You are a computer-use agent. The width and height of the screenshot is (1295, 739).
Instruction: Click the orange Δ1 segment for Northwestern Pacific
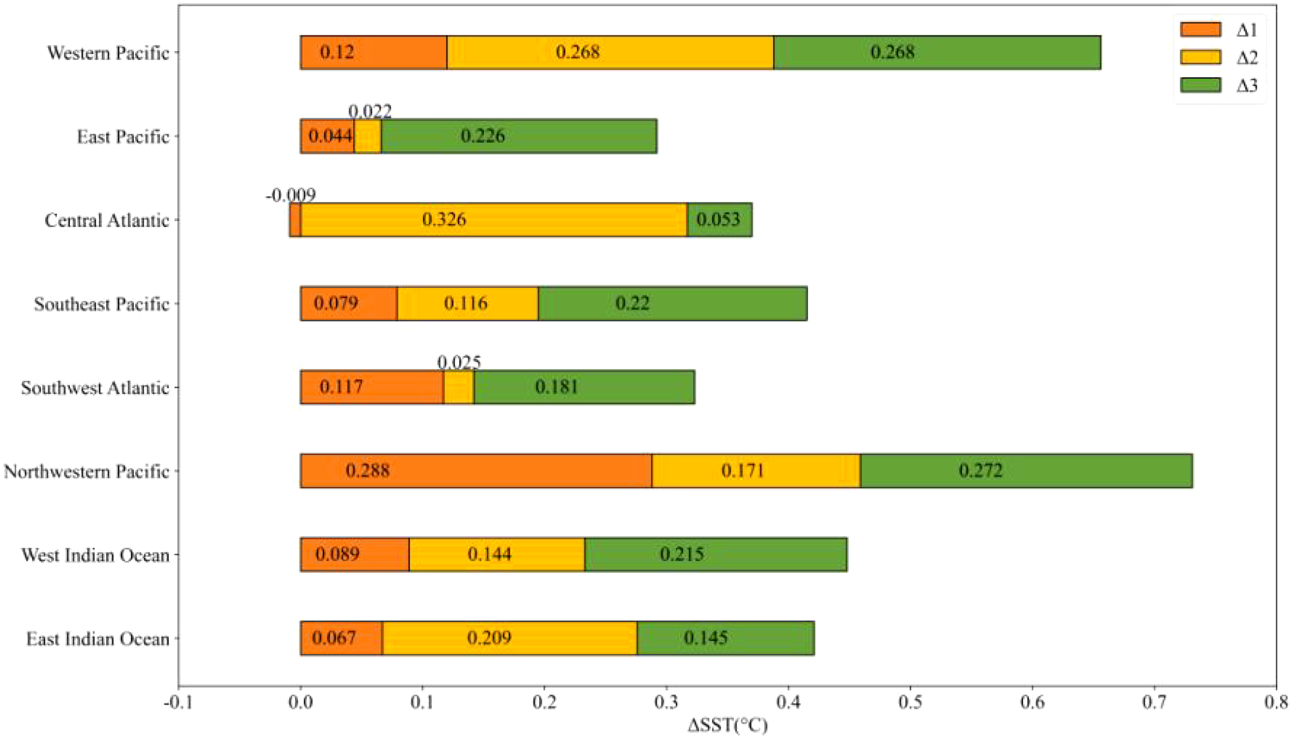click(476, 471)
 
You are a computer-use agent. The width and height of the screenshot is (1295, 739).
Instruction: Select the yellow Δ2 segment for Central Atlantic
click(493, 220)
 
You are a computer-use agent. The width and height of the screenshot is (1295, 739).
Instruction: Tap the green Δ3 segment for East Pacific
click(519, 136)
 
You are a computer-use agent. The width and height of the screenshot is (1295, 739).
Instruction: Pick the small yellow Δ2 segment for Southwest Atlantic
click(458, 387)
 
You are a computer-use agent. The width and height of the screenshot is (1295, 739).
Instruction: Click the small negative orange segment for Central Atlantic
click(295, 220)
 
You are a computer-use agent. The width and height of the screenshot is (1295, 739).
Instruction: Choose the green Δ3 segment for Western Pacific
click(937, 52)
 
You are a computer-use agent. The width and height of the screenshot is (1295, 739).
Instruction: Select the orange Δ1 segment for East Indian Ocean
click(341, 638)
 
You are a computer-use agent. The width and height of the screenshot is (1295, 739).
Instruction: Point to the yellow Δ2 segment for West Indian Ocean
click(496, 554)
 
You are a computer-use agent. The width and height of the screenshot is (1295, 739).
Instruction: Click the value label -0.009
click(291, 195)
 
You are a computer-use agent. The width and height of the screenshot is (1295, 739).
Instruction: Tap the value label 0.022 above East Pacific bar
click(370, 111)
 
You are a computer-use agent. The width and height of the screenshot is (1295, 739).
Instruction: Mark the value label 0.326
click(444, 219)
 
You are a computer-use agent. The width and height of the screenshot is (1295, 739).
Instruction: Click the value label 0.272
click(981, 470)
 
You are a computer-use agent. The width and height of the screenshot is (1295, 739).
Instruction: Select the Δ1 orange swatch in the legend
click(1200, 29)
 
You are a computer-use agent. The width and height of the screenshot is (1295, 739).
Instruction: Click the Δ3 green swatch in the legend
click(1200, 85)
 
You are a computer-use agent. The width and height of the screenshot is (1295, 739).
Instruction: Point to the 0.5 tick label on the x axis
click(910, 702)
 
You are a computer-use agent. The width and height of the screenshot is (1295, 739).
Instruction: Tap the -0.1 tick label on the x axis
click(178, 702)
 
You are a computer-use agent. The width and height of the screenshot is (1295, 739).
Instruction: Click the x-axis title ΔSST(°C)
click(727, 725)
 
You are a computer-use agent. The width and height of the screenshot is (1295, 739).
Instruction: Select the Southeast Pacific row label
click(102, 304)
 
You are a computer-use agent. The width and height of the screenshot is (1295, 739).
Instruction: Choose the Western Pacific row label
click(108, 53)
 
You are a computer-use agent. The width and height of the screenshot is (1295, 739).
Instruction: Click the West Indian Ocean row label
click(95, 555)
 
